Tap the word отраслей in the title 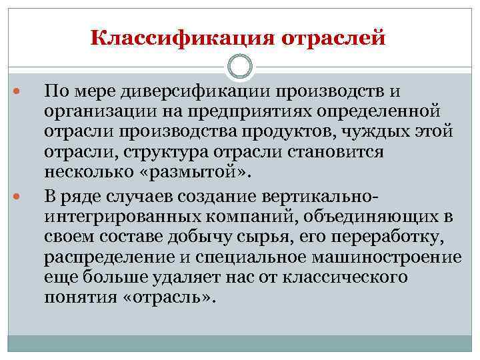click(x=335, y=38)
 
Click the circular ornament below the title click(x=240, y=67)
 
